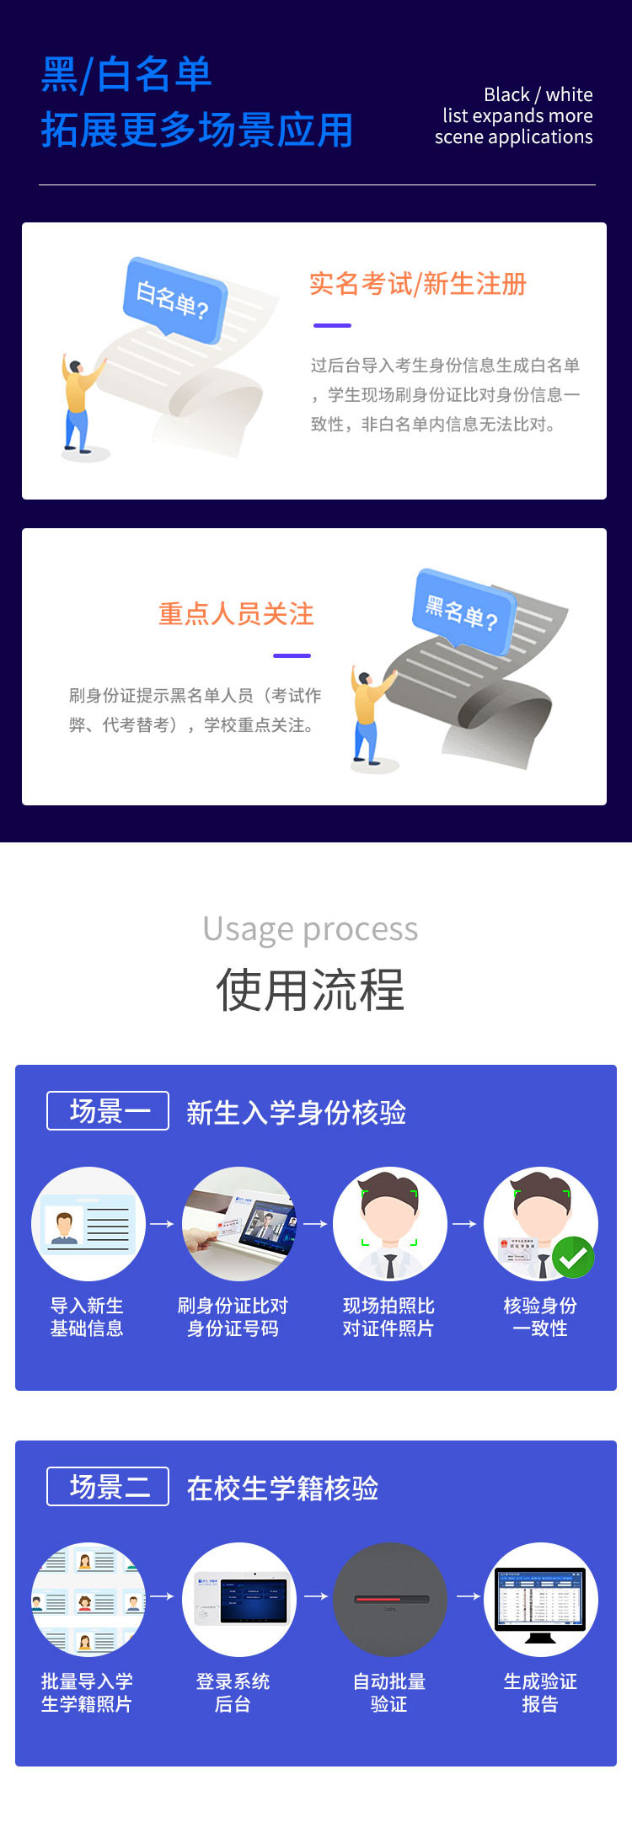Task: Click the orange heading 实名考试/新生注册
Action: point(418,284)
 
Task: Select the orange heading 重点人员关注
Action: point(236,613)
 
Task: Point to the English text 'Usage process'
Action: point(310,928)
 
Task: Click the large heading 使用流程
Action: point(310,989)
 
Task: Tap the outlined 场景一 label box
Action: point(108,1111)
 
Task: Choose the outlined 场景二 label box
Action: point(108,1487)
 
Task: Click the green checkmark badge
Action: point(574,1258)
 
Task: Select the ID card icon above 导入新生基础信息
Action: point(88,1224)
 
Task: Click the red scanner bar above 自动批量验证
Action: point(389,1598)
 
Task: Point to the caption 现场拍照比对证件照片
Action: point(388,1317)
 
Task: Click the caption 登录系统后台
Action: point(233,1692)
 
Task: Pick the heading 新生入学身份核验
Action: point(296,1112)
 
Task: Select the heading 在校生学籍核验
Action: point(282,1488)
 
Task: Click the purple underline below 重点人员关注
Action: point(292,655)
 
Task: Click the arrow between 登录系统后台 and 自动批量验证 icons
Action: point(315,1595)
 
